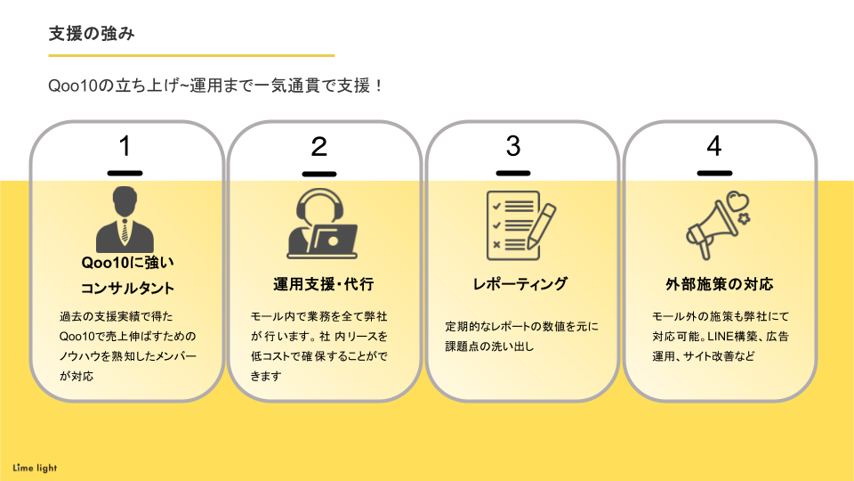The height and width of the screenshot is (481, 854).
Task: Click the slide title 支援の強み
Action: (93, 34)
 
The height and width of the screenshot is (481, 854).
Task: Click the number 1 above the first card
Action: (125, 145)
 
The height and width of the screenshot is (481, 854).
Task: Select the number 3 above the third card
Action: (513, 145)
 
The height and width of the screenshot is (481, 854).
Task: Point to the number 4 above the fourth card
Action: (713, 145)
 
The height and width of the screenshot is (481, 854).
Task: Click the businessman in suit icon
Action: (125, 220)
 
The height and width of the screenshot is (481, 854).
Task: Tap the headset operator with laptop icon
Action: (322, 223)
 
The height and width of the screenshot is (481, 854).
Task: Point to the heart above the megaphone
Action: (734, 200)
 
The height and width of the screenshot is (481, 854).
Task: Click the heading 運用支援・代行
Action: (323, 285)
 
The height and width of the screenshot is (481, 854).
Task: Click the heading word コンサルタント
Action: (128, 289)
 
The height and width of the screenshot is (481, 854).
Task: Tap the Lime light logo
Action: (36, 468)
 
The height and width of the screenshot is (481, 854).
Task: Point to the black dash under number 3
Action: (513, 173)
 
